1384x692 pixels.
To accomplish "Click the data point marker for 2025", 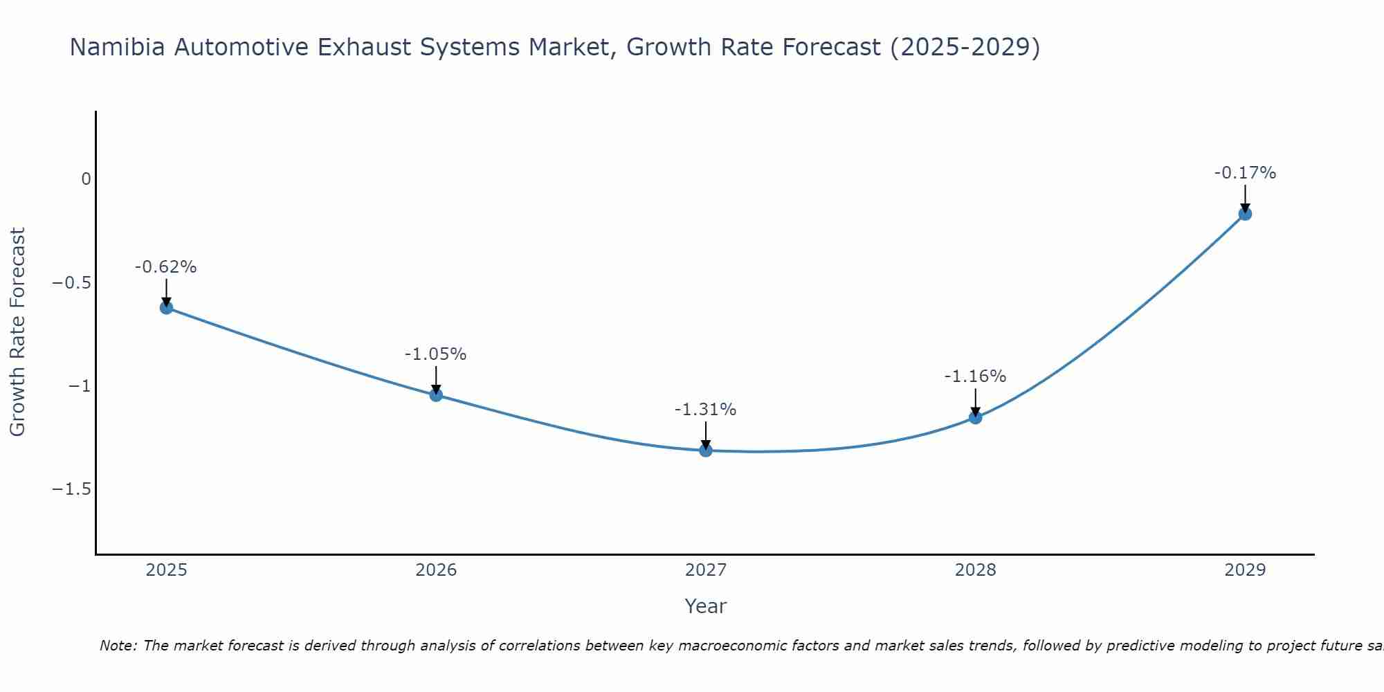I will click(166, 307).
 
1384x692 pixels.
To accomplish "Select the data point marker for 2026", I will click(436, 394).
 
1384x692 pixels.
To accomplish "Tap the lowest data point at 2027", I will click(706, 450).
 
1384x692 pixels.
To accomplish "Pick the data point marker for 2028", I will click(975, 417).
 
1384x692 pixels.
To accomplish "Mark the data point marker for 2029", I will click(1245, 214).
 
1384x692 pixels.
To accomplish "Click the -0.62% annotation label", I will click(166, 267).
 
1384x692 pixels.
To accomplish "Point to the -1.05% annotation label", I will click(436, 354).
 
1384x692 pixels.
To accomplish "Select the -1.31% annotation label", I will click(706, 410).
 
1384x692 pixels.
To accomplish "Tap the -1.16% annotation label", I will click(975, 376).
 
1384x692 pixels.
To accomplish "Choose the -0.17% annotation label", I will click(1245, 173).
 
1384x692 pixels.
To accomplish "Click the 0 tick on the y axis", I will click(86, 179).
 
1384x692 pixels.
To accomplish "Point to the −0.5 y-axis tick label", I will click(72, 282).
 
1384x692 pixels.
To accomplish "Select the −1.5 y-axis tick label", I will click(72, 489).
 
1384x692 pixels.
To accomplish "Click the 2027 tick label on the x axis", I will click(706, 570).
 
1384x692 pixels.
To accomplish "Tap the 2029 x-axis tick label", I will click(1245, 570).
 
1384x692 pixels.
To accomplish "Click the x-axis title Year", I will click(706, 606).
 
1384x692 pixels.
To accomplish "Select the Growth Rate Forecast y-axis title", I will click(17, 332).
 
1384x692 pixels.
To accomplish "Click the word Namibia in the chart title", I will click(118, 47).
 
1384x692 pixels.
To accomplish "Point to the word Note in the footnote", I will click(118, 646).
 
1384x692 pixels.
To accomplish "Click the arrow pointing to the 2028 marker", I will click(975, 401).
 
